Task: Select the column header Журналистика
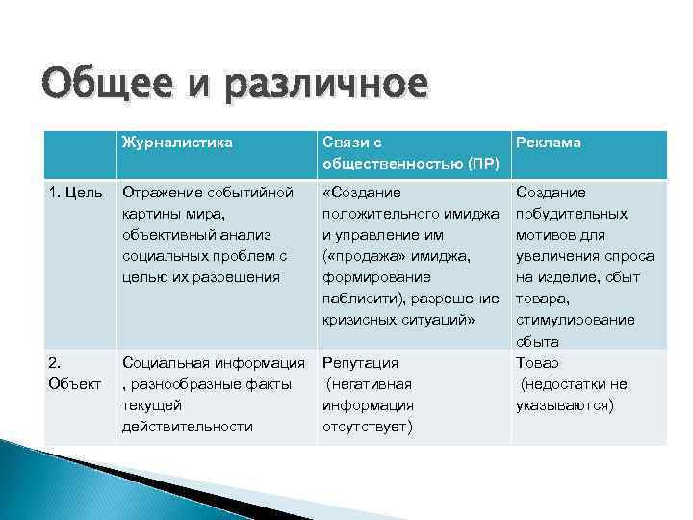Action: coord(177,143)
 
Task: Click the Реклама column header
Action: coord(549,143)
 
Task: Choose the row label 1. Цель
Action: coord(76,193)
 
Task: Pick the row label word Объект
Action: coord(74,384)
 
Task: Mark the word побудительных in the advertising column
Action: coord(572,214)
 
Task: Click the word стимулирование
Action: coord(576,320)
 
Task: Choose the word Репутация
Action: coord(360,363)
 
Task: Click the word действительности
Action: coord(188,427)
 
